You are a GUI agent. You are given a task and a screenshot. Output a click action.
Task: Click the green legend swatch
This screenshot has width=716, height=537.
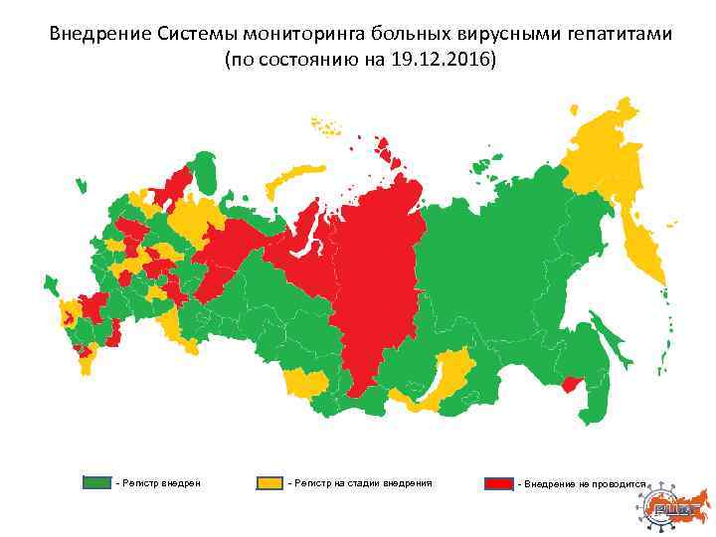(96, 482)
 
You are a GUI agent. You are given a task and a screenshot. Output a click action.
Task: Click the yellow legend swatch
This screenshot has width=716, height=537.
(269, 482)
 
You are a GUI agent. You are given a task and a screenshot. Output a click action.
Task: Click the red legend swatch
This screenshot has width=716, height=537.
(498, 483)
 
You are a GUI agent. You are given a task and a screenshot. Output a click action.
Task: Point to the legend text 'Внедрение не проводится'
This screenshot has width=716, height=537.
(583, 483)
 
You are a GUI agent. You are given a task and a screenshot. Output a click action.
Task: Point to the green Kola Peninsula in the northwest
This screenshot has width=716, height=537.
(205, 171)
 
